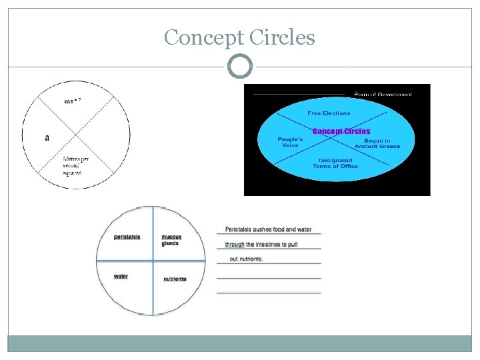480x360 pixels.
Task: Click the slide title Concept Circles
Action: coord(239,37)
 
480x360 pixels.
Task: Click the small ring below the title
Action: coord(240,67)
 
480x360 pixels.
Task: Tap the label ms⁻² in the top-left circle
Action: coord(73,101)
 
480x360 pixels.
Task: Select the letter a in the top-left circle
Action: coord(47,138)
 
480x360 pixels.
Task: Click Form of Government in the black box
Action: coord(383,94)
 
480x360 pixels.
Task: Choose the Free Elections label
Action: coord(329,113)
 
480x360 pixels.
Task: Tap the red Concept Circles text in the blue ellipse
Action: coord(341,131)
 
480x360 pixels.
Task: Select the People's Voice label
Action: coord(290,142)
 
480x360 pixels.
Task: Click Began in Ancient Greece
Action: coord(377,143)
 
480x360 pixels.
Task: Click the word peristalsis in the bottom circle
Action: coord(127,237)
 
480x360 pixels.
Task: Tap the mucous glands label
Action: coord(171,240)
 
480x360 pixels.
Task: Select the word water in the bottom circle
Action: coord(121,276)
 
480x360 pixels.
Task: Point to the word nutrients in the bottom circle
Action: coord(175,279)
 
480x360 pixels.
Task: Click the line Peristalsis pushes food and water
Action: coord(268,229)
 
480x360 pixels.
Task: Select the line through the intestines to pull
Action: coord(261,245)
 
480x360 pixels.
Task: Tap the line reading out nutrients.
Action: coord(246,259)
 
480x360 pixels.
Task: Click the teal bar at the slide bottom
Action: coord(240,343)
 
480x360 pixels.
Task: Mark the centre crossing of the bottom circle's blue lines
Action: coord(153,259)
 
